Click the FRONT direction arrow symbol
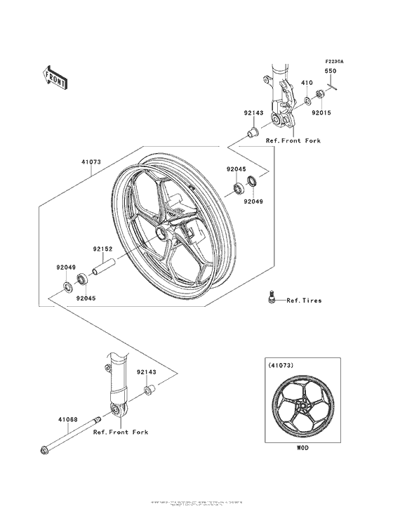click(55, 77)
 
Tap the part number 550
click(329, 71)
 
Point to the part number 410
click(306, 83)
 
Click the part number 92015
click(322, 112)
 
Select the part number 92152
click(102, 248)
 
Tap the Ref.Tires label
click(304, 301)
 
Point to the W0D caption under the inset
click(302, 447)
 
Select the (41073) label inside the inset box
click(280, 364)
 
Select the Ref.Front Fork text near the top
click(293, 140)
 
